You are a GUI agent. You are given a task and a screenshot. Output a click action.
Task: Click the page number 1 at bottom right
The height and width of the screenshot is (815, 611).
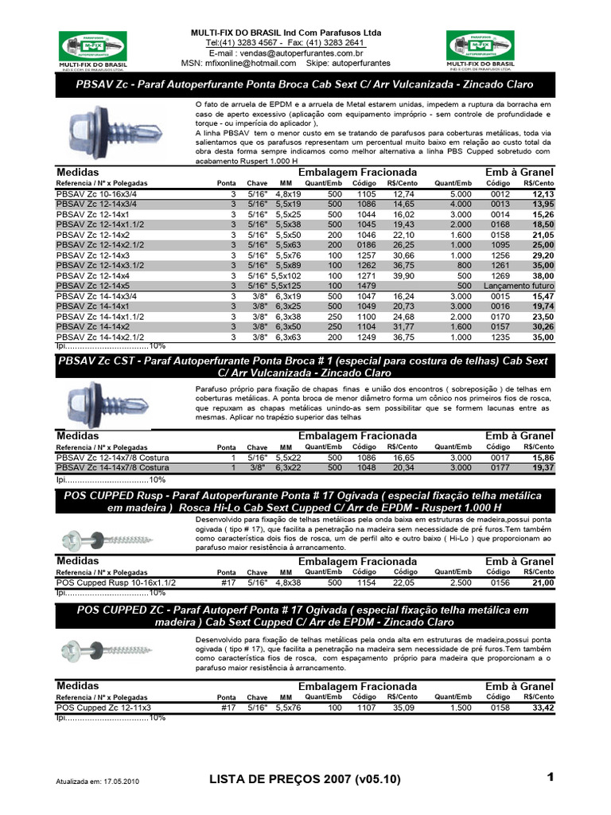549,776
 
